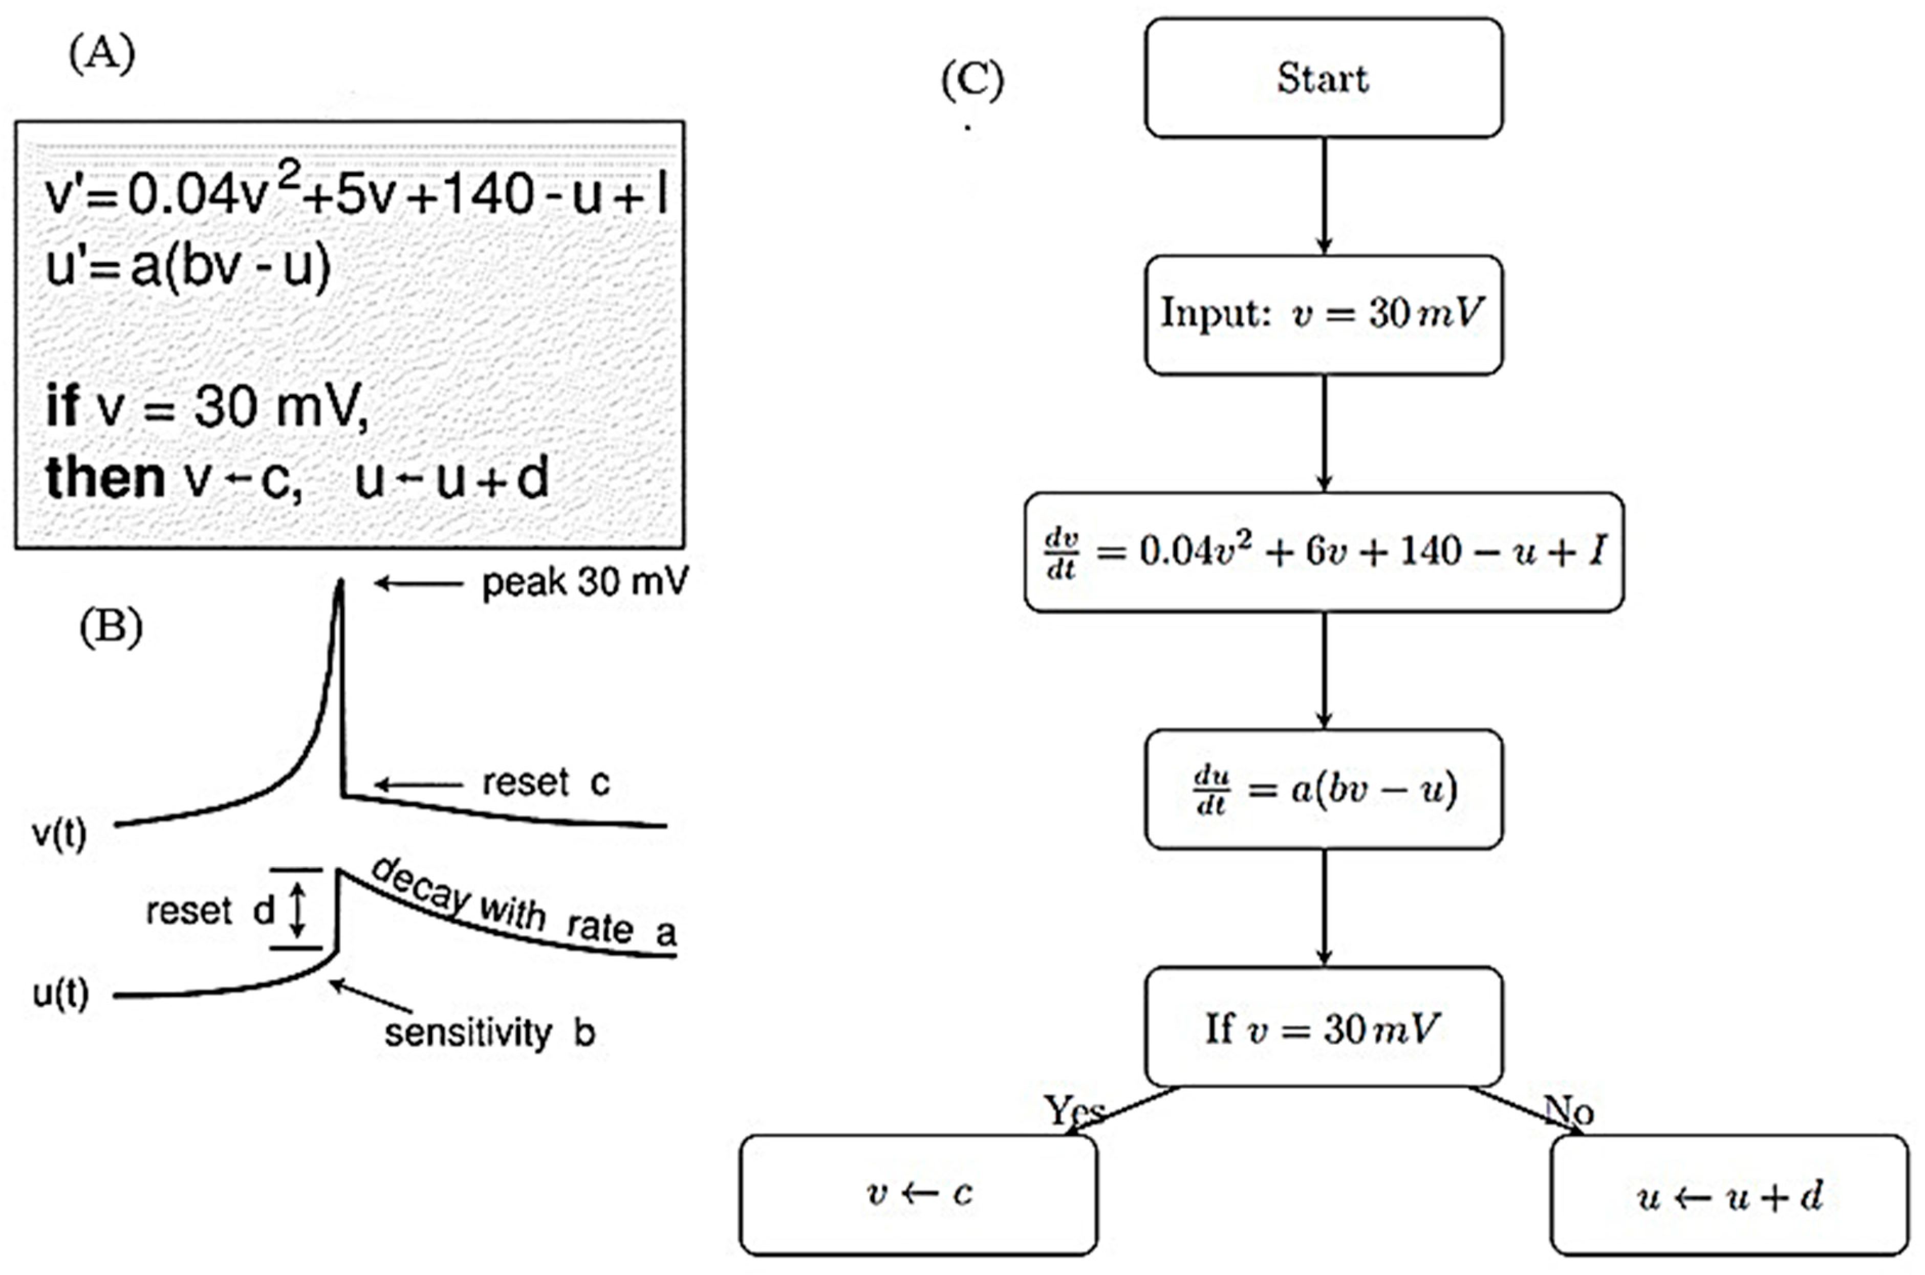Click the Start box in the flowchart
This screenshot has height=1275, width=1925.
1323,78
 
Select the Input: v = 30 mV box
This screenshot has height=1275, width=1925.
1323,314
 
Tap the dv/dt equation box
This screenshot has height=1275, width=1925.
1323,552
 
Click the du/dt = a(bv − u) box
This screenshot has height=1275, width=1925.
1323,789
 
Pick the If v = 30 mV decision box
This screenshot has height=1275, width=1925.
1323,1027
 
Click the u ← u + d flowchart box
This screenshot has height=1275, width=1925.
1729,1195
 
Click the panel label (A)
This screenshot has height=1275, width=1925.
102,55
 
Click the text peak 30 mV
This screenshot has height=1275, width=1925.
584,582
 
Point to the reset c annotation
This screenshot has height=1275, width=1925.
545,783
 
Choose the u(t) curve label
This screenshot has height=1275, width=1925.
60,994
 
